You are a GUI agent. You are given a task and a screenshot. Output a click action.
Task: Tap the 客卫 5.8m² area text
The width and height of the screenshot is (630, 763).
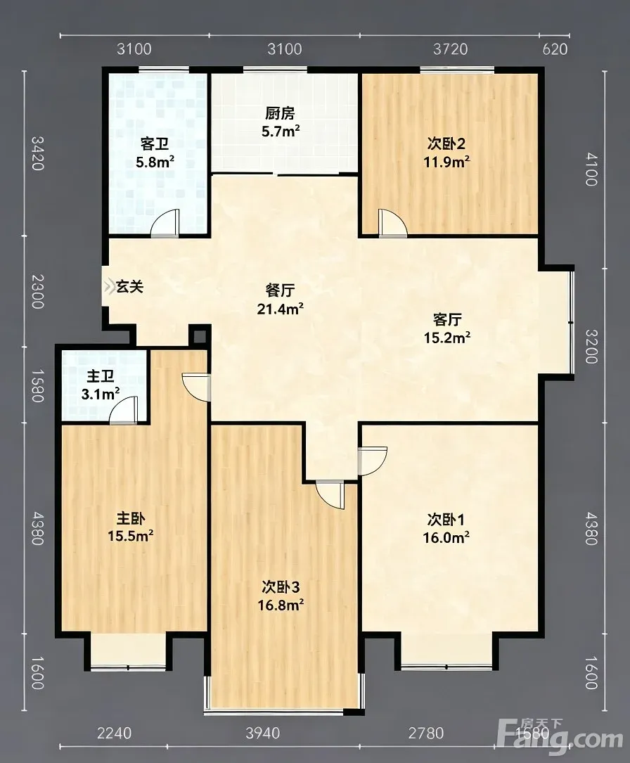[x=155, y=162]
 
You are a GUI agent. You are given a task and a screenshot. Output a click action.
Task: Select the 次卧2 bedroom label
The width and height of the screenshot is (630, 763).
[x=446, y=143]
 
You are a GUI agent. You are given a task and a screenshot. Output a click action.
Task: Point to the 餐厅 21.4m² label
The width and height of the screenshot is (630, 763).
[x=281, y=300]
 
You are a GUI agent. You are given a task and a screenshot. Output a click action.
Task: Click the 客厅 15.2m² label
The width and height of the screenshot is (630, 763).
[x=447, y=328]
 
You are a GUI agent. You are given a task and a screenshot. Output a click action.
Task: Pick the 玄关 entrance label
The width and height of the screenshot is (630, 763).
[x=129, y=287]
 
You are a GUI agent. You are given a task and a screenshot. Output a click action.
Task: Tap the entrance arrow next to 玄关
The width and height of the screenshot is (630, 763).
[x=109, y=286]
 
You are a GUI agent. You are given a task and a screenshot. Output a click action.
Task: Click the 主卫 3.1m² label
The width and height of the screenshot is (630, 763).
[x=101, y=385]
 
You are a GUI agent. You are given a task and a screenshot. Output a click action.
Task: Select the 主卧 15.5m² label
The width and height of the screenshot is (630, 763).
[x=130, y=527]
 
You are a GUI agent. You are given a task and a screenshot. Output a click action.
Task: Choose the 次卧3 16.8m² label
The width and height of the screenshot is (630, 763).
[x=281, y=596]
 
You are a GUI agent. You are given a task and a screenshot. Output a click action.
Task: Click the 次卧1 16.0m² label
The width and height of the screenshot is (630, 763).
[x=446, y=528]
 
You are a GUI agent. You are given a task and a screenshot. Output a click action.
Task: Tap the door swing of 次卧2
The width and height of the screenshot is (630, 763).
[x=392, y=223]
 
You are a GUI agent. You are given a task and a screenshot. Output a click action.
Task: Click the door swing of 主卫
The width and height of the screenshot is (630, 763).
[x=124, y=410]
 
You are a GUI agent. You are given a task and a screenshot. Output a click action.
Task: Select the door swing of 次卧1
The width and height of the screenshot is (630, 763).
[x=373, y=461]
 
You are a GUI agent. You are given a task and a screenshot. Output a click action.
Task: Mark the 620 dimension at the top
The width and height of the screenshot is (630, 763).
[x=555, y=49]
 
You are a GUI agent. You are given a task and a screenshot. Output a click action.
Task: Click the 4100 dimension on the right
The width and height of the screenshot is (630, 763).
[x=591, y=169]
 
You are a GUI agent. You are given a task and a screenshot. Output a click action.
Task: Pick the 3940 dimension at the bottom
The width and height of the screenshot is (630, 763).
[x=263, y=733]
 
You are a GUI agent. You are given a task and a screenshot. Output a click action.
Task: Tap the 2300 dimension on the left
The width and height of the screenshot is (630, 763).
[x=37, y=291]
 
